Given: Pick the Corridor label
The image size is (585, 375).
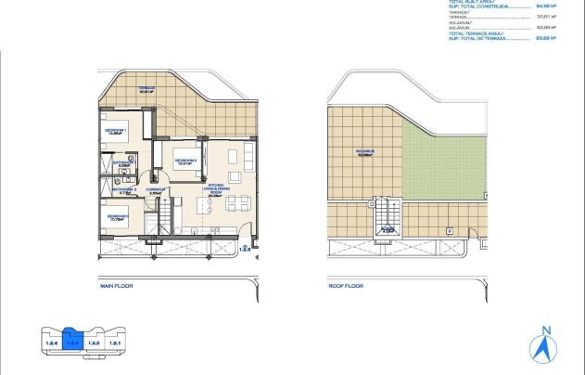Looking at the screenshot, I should pos(156,190).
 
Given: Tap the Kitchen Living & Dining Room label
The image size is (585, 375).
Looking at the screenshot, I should pos(218,188).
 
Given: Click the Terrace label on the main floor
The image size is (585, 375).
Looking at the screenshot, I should pos(146,90).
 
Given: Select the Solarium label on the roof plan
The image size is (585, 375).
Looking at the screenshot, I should pos(363,152).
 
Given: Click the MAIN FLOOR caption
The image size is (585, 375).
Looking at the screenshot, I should pos(116,287).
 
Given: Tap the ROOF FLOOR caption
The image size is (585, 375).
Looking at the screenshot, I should pos(344,287).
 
